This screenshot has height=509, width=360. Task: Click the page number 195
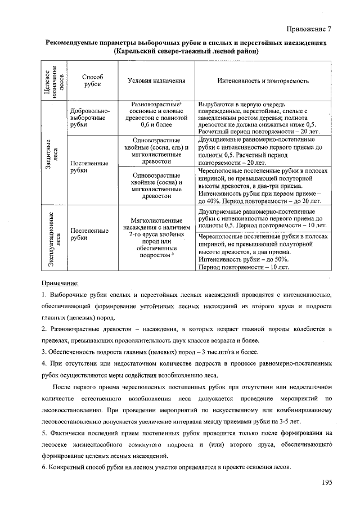[x=328, y=483]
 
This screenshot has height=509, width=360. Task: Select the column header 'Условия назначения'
[x=156, y=81]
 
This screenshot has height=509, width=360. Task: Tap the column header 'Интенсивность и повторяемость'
[x=263, y=81]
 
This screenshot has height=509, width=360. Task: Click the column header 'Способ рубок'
[x=92, y=80]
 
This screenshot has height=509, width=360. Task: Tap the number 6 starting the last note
[x=44, y=467]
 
